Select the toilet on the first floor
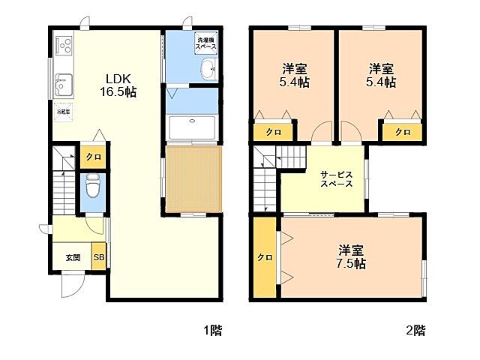coord(92,184)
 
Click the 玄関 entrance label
coord(72,257)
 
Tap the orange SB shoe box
coord(99,256)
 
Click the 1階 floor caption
coord(211,329)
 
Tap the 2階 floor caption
coord(415,329)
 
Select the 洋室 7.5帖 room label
coord(351,256)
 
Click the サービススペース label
coord(337,178)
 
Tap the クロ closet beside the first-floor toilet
coord(92,157)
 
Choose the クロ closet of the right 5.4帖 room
coord(403,131)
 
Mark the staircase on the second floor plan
coord(266,180)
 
